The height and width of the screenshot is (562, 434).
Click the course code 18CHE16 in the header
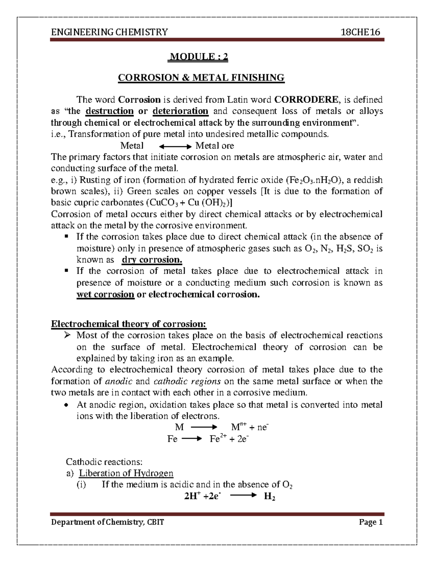pos(361,32)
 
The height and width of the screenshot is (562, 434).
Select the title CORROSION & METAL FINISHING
pos(201,77)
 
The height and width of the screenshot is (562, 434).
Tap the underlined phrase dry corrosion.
pos(152,260)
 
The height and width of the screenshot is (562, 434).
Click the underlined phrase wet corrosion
pos(105,294)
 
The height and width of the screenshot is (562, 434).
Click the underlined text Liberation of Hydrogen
pos(126,473)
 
